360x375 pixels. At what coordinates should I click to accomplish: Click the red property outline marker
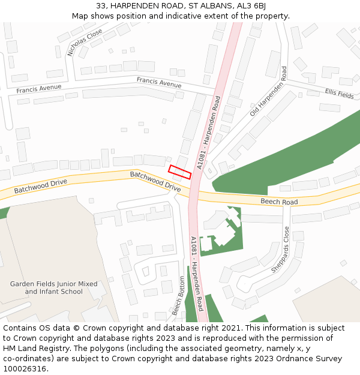click(179, 172)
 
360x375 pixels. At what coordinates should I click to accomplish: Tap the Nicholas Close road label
click(85, 43)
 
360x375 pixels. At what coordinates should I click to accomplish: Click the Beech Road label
click(279, 202)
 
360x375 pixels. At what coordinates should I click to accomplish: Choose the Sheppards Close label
click(280, 250)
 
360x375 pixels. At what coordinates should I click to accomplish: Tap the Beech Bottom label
click(179, 295)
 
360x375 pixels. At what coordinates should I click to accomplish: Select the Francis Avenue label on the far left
click(39, 89)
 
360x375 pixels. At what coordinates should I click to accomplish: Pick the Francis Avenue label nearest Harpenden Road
click(159, 82)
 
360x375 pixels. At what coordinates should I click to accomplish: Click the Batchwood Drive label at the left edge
click(41, 185)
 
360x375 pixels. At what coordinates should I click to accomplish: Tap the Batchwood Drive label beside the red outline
click(155, 181)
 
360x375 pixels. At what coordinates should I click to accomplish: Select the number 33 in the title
click(101, 6)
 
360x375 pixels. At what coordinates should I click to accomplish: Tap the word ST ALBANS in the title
click(203, 6)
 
